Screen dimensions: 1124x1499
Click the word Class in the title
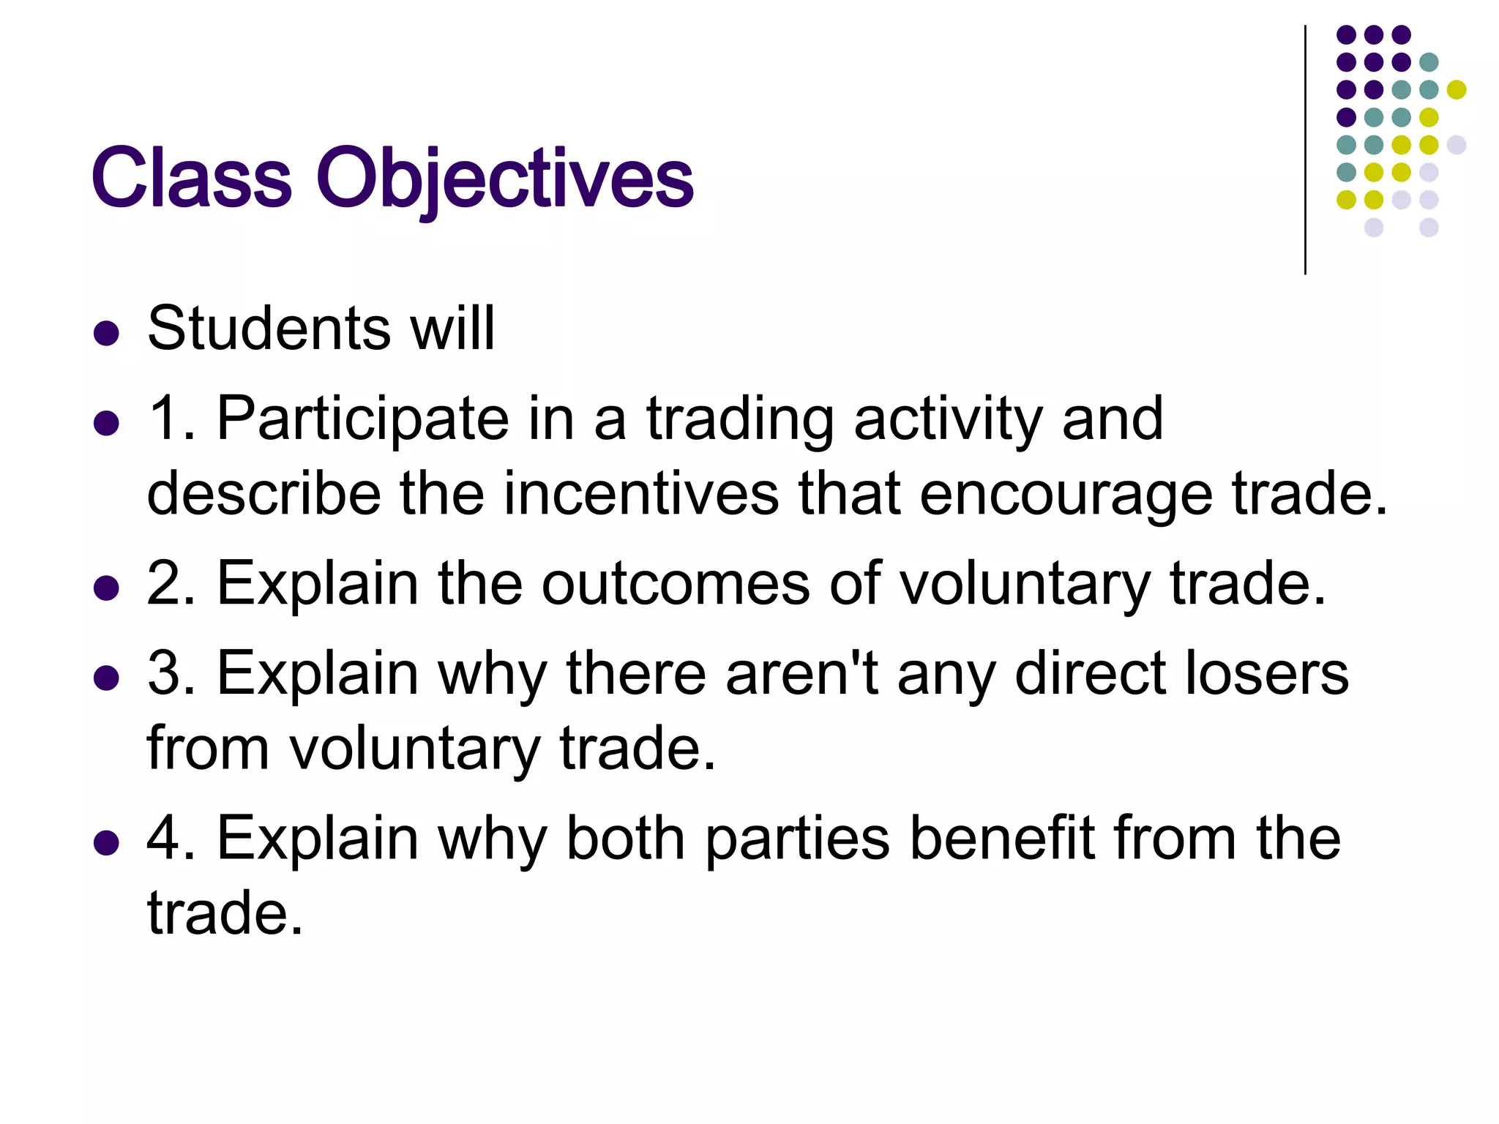coord(192,178)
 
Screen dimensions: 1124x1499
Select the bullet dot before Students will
coord(107,333)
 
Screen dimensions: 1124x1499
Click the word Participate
coord(363,419)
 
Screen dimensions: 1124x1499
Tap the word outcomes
coord(675,584)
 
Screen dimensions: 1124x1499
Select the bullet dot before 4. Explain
coord(107,842)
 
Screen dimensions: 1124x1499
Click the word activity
coord(948,420)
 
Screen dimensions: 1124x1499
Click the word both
coord(626,838)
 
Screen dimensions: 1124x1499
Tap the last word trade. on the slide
coord(225,913)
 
